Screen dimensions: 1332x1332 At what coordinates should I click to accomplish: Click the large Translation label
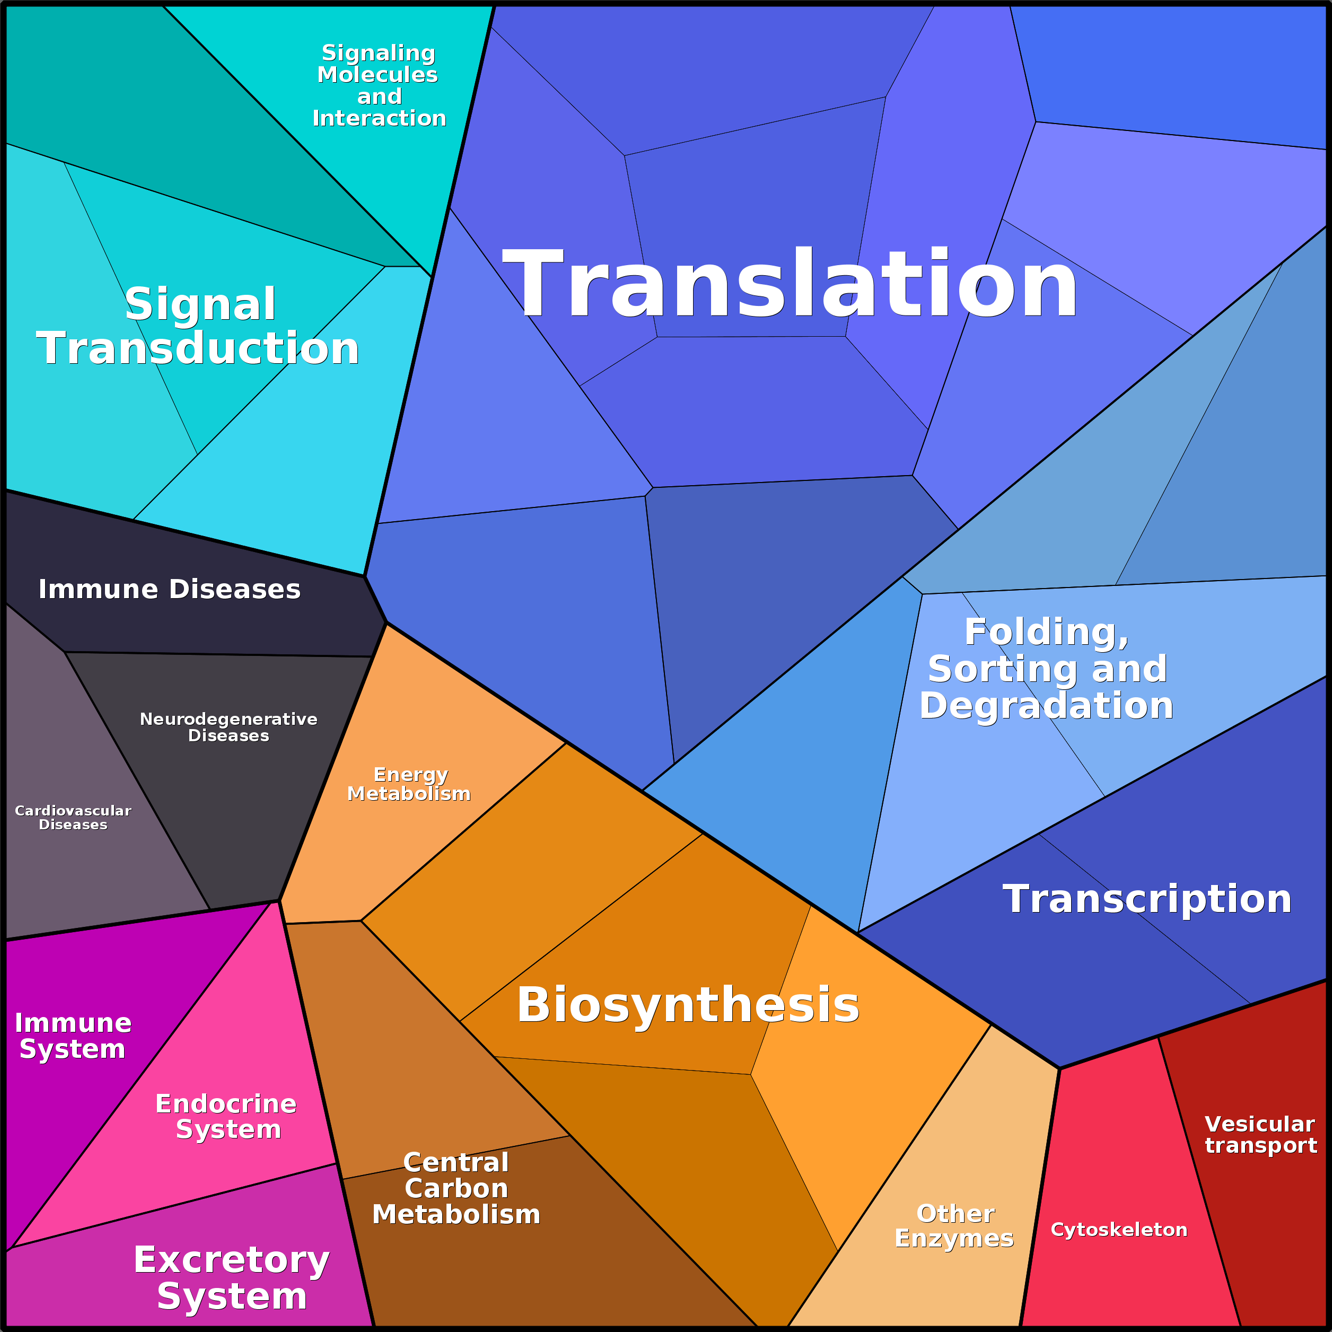(790, 284)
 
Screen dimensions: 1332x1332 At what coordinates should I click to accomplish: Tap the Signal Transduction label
(198, 326)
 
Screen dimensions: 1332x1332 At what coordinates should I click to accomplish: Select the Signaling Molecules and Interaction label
(379, 85)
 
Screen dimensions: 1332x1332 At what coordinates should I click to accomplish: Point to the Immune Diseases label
(170, 590)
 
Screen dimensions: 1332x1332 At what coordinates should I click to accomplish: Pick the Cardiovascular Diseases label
(73, 818)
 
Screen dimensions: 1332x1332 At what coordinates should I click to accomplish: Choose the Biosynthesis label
(688, 1005)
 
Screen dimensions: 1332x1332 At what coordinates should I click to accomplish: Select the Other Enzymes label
(955, 1226)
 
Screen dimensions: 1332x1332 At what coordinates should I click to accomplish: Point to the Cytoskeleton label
(1119, 1230)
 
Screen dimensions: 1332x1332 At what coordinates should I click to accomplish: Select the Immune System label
(73, 1036)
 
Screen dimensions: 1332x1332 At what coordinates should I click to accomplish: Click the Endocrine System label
(227, 1116)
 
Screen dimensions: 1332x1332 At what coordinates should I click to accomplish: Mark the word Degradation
(1047, 706)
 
